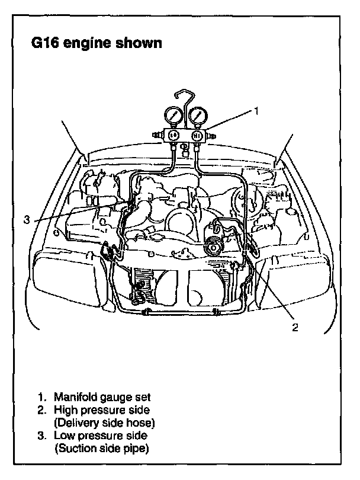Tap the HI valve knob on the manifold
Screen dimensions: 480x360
[x=197, y=135]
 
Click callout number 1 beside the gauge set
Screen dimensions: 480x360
[x=256, y=110]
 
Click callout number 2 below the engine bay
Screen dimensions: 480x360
[x=294, y=326]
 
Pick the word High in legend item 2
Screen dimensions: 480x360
[x=65, y=409]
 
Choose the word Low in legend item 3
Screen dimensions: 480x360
[x=64, y=436]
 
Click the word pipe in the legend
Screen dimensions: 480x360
[x=137, y=449]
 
